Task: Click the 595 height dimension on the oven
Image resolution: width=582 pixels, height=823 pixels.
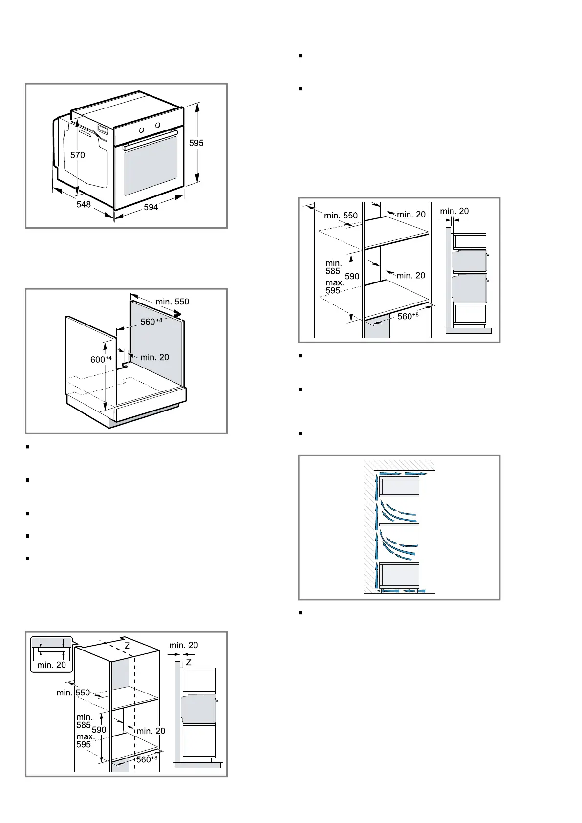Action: (196, 143)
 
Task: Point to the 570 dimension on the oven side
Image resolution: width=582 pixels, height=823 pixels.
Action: (77, 155)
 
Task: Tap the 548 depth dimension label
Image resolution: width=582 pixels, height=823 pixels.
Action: (84, 204)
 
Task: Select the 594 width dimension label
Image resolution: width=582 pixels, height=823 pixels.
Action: (151, 207)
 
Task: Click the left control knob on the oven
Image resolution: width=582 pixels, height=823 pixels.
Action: (141, 130)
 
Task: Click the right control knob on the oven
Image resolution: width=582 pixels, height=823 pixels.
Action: (157, 126)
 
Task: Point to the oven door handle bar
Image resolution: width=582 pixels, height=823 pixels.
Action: (150, 140)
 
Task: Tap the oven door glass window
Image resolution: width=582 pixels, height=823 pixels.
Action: (150, 165)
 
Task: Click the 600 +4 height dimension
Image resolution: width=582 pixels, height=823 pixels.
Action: (101, 359)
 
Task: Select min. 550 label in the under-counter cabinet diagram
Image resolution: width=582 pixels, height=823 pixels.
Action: (172, 302)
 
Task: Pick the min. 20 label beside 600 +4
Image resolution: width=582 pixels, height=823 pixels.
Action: (154, 357)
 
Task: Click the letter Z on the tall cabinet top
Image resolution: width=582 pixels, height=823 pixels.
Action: (127, 646)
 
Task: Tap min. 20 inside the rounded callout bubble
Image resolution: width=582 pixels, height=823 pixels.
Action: (51, 665)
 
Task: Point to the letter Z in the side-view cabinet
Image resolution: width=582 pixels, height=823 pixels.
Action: (189, 662)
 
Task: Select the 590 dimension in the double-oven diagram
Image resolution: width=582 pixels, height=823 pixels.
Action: (352, 276)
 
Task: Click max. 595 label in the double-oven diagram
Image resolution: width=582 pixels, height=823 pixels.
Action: (335, 287)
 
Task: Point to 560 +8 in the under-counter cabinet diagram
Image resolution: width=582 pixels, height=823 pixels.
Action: (151, 322)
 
